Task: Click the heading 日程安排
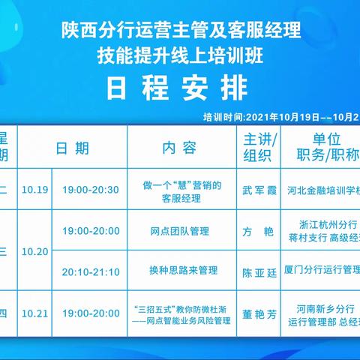click(x=179, y=87)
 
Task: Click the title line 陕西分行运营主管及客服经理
click(x=180, y=31)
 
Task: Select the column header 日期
click(x=73, y=148)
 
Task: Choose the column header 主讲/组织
click(x=257, y=148)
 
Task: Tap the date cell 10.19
click(x=34, y=190)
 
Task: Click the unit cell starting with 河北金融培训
click(x=321, y=190)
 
